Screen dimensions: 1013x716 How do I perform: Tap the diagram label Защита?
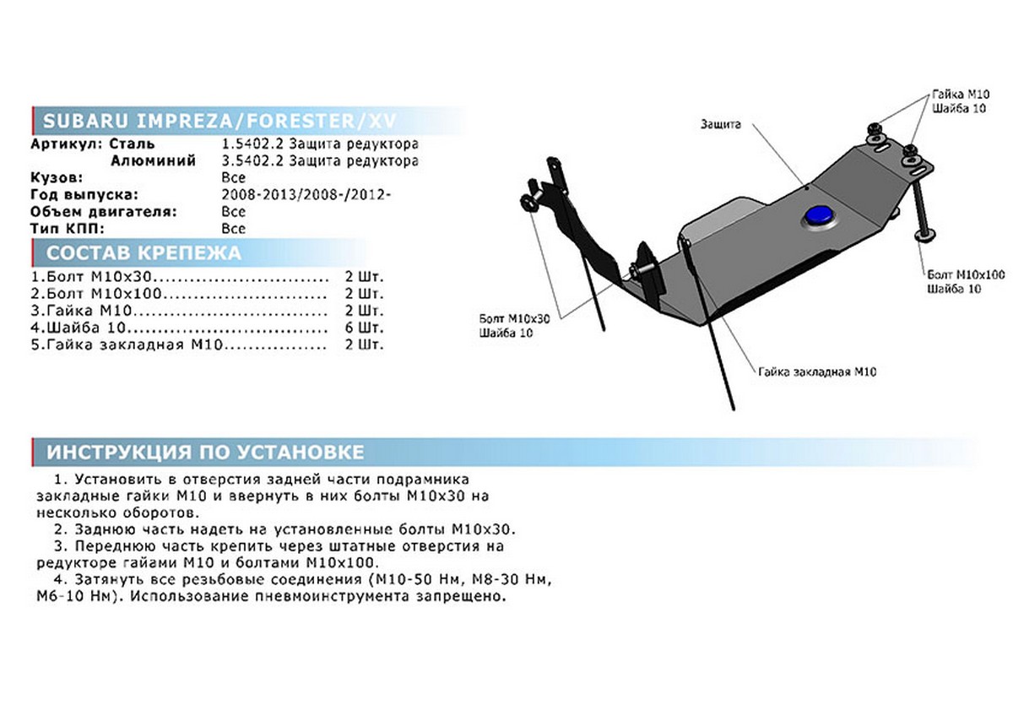[x=720, y=124]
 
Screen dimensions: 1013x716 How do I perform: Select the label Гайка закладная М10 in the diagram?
[x=817, y=372]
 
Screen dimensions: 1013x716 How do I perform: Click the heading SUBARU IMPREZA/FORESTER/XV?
[x=219, y=121]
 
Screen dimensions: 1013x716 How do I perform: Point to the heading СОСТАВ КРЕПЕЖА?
[x=144, y=252]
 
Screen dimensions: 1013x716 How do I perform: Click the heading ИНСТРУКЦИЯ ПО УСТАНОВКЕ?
[x=205, y=452]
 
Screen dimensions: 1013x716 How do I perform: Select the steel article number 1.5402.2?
[x=252, y=144]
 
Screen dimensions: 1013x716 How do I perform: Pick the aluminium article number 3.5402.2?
[x=252, y=160]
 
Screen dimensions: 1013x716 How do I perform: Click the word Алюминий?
[x=154, y=160]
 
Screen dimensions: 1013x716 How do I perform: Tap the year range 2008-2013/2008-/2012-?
[x=306, y=194]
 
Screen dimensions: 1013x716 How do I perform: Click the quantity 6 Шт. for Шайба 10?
[x=364, y=328]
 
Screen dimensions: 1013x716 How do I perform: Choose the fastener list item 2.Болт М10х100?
[x=96, y=294]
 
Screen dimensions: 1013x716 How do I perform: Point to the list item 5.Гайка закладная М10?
[x=127, y=344]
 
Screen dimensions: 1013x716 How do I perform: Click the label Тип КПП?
[x=68, y=229]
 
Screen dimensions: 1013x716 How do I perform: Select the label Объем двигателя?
[x=104, y=212]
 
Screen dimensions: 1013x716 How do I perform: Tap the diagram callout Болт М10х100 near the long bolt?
[x=966, y=274]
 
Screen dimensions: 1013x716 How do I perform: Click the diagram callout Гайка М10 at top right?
[x=961, y=94]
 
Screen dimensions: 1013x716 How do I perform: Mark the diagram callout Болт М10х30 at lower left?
[x=515, y=319]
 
